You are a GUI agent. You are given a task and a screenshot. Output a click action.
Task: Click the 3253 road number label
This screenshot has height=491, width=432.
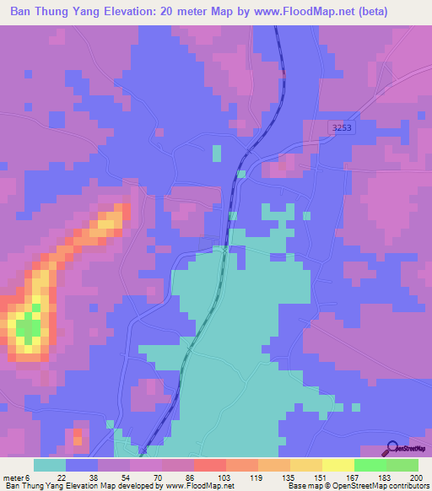tap(341, 127)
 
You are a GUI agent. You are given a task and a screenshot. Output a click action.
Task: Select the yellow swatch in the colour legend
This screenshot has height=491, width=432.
tap(337, 465)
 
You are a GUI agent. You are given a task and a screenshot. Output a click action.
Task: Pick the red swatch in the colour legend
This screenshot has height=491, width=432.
tap(209, 465)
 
